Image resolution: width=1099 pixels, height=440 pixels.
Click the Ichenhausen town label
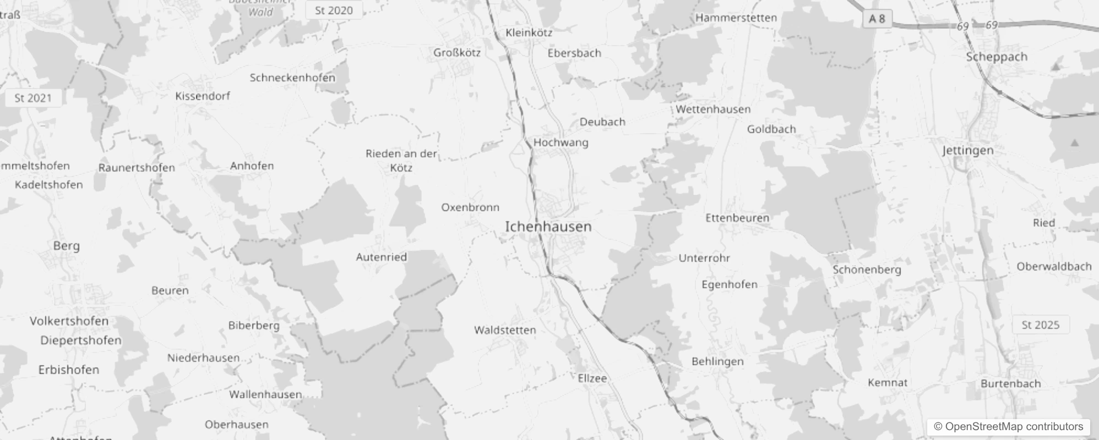548,227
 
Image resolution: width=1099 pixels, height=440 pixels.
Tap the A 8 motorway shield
877,19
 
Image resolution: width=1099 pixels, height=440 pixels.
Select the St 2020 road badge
334,10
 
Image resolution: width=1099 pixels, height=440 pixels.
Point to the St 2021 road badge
33,98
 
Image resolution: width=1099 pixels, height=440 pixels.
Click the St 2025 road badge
1040,325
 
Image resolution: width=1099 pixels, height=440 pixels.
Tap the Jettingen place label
967,150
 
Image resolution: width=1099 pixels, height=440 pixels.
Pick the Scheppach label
997,57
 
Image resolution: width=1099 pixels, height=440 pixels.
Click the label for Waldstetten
505,330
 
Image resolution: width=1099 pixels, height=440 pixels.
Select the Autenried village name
381,257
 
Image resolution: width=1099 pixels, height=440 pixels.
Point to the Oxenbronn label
470,207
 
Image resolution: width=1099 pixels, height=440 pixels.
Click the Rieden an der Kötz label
401,160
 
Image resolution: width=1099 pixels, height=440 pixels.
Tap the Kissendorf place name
203,96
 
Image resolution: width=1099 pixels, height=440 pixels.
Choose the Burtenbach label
1010,383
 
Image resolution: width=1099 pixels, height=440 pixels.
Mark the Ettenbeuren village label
737,218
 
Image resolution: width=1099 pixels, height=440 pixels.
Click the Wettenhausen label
713,109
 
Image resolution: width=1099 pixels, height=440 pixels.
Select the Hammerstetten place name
736,18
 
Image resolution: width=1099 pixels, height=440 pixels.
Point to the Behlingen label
717,361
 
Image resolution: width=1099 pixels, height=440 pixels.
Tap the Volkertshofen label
69,321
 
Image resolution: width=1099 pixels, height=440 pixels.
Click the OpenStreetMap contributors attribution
1009,426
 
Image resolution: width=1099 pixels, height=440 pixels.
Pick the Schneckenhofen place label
292,78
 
